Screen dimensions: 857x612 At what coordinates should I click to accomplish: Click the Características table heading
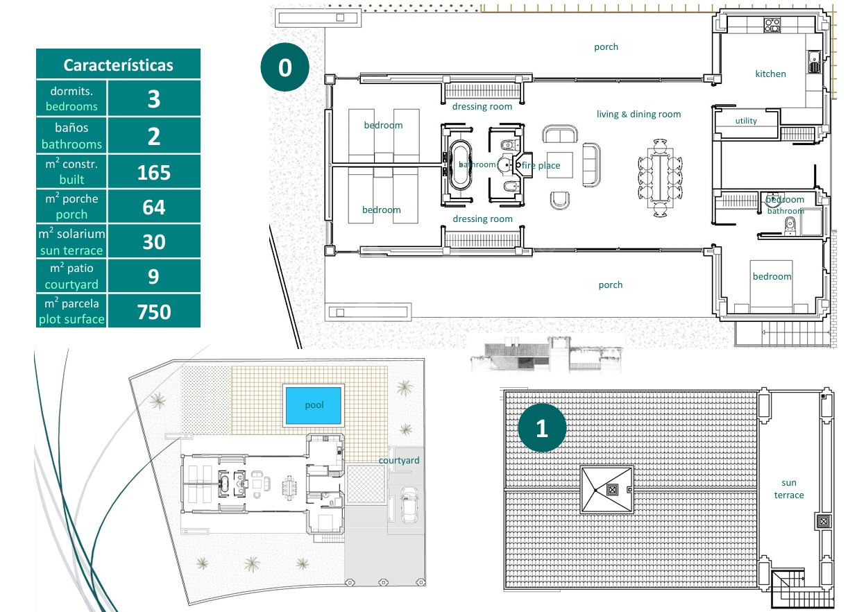pyautogui.click(x=118, y=65)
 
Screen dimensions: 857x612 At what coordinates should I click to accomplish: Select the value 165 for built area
pyautogui.click(x=154, y=173)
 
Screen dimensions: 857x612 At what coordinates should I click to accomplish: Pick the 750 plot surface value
pyautogui.click(x=154, y=312)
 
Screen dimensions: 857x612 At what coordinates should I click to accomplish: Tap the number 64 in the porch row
pyautogui.click(x=154, y=207)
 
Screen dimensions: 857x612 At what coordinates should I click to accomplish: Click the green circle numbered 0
pyautogui.click(x=285, y=67)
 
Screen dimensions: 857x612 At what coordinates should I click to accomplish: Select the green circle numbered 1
pyautogui.click(x=542, y=428)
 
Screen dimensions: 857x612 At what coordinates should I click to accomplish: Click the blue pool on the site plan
pyautogui.click(x=314, y=405)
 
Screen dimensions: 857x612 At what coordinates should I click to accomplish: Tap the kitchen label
pyautogui.click(x=770, y=74)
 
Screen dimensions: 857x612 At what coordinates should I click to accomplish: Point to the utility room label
pyautogui.click(x=746, y=121)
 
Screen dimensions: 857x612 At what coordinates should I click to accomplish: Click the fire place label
pyautogui.click(x=541, y=165)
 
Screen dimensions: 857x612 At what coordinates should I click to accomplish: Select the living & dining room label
pyautogui.click(x=639, y=114)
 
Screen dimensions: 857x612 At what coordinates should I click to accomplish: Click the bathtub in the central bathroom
pyautogui.click(x=460, y=165)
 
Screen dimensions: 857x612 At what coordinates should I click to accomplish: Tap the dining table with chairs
pyautogui.click(x=661, y=178)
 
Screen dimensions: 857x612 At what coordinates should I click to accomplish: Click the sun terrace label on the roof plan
pyautogui.click(x=789, y=488)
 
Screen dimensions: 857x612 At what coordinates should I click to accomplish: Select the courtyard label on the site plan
pyautogui.click(x=399, y=461)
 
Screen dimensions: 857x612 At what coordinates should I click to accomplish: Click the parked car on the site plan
pyautogui.click(x=409, y=505)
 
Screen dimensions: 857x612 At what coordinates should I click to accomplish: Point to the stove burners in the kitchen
pyautogui.click(x=772, y=25)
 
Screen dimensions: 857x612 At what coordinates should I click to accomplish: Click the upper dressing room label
pyautogui.click(x=482, y=106)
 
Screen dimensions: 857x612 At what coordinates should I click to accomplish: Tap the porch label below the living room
pyautogui.click(x=611, y=285)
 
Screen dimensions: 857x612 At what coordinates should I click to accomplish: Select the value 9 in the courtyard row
pyautogui.click(x=153, y=277)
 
